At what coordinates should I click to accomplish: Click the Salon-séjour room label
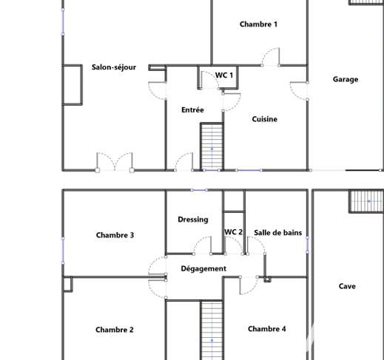(x=114, y=67)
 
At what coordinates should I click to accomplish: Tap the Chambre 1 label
(x=258, y=24)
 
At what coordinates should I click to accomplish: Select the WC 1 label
(x=224, y=75)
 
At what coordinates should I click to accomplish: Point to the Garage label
(x=346, y=80)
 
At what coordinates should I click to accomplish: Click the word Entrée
(x=192, y=109)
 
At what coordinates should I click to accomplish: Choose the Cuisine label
(x=265, y=119)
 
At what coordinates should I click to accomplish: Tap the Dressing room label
(x=193, y=220)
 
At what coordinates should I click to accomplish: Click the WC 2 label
(x=234, y=232)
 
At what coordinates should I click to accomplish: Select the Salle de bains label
(x=278, y=233)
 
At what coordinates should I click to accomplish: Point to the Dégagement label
(x=203, y=268)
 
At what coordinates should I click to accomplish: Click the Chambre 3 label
(x=115, y=235)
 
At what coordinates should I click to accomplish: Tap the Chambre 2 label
(x=115, y=330)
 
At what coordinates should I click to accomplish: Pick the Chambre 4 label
(x=267, y=329)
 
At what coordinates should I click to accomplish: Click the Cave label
(x=347, y=286)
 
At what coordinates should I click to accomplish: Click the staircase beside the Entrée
(x=212, y=146)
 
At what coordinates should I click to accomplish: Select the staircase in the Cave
(x=366, y=201)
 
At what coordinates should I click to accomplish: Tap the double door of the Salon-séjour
(x=115, y=162)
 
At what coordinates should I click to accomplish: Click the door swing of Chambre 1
(x=270, y=57)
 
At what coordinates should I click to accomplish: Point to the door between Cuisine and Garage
(x=299, y=91)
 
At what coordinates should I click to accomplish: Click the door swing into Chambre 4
(x=249, y=285)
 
